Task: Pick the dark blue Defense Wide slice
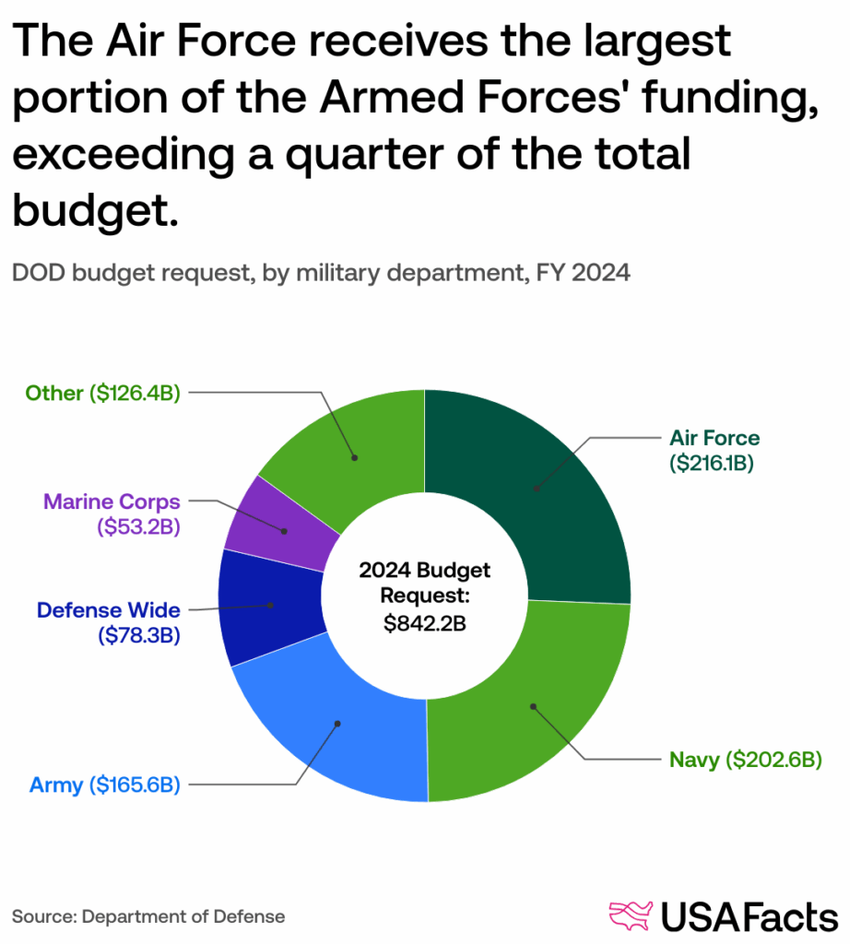click(x=267, y=606)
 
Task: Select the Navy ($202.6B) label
click(x=745, y=761)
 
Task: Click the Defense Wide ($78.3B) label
click(x=108, y=622)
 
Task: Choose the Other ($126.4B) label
click(x=101, y=394)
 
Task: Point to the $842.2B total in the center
click(x=425, y=622)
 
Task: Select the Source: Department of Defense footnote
click(x=148, y=916)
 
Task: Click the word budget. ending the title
click(x=94, y=209)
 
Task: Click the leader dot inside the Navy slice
click(x=532, y=707)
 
